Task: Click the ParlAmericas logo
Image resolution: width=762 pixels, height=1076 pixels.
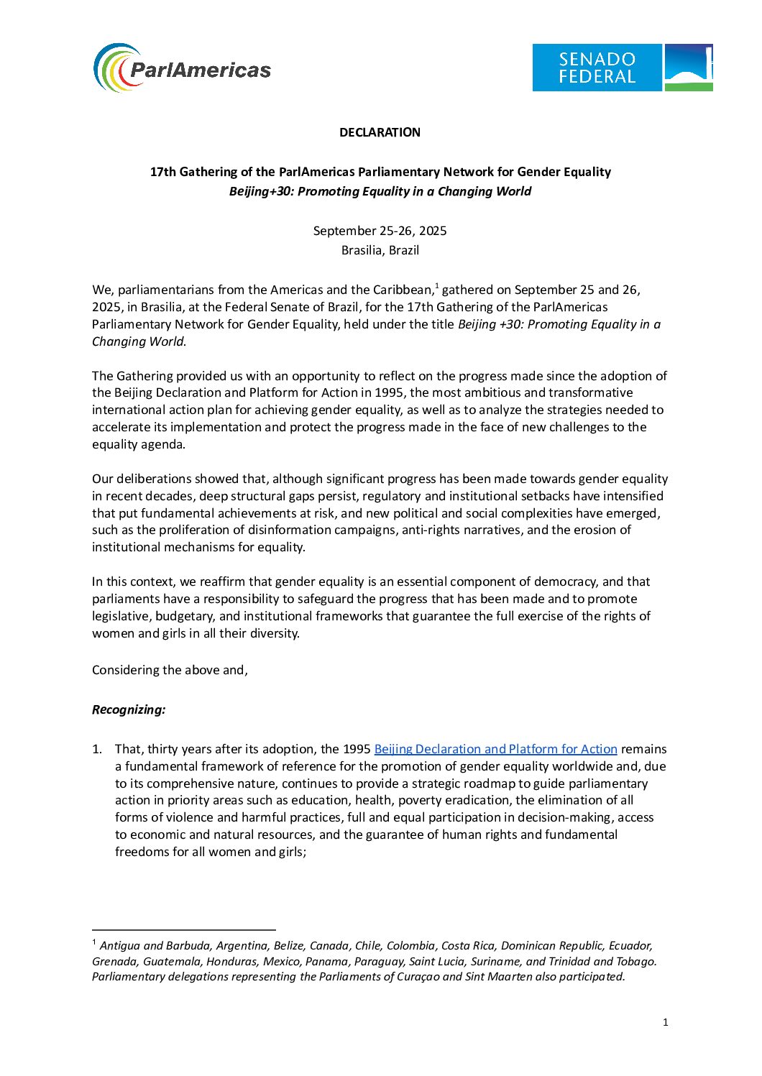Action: click(183, 68)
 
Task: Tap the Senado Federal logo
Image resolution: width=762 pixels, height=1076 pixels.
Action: click(622, 68)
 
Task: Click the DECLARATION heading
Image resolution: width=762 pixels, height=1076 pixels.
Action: click(380, 132)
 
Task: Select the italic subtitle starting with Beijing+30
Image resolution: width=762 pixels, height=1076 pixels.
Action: click(380, 191)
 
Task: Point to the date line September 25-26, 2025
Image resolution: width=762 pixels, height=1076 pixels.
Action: click(380, 231)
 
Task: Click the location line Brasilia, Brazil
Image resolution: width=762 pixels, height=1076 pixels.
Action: click(380, 250)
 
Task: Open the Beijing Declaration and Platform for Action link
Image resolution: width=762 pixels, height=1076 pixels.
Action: click(495, 749)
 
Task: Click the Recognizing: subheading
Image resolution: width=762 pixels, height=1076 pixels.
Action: click(129, 709)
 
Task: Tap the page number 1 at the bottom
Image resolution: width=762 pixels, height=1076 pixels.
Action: click(665, 1022)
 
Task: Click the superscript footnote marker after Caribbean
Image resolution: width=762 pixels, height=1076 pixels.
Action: click(436, 286)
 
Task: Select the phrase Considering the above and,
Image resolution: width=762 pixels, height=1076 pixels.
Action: click(170, 670)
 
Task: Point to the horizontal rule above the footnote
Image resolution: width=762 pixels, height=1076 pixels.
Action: click(183, 930)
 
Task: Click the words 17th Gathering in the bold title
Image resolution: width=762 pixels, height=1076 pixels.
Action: click(189, 172)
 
